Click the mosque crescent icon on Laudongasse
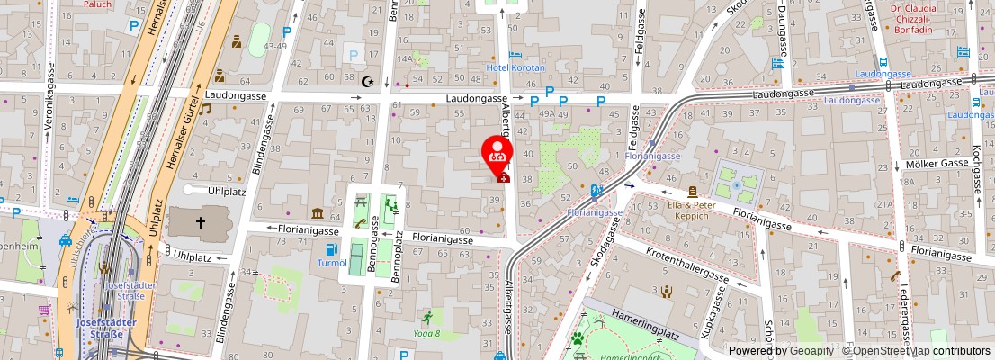pos(367,82)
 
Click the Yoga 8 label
pos(427,333)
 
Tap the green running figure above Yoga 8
pos(427,318)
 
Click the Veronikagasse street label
pos(51,99)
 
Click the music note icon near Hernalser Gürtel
pos(205,109)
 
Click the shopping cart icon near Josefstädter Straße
pos(43,310)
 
